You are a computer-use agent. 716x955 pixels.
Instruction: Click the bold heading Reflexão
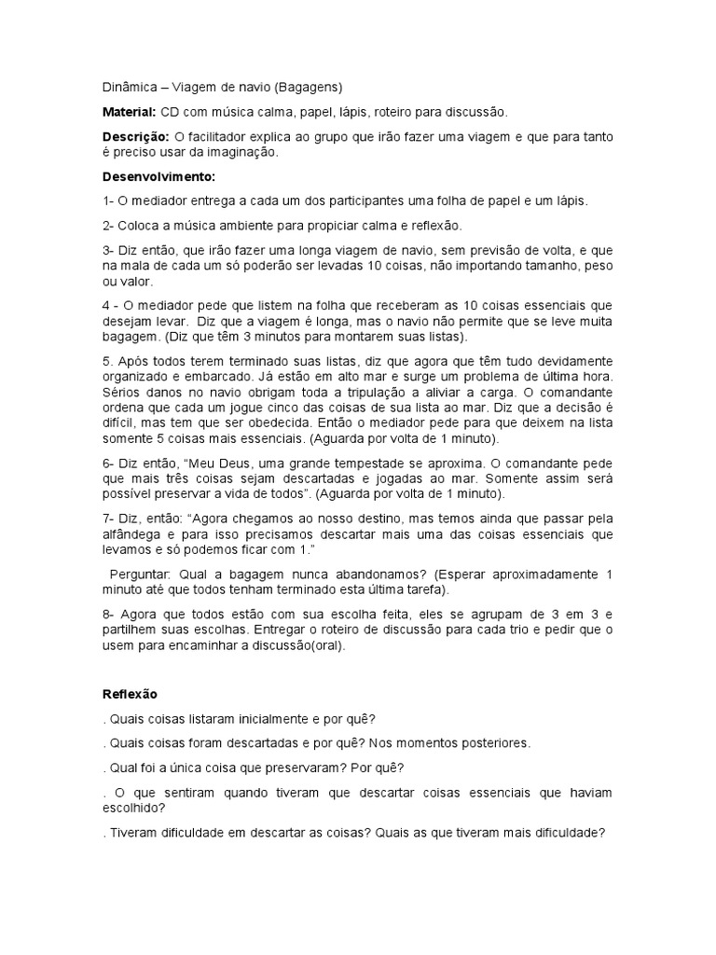click(x=130, y=694)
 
